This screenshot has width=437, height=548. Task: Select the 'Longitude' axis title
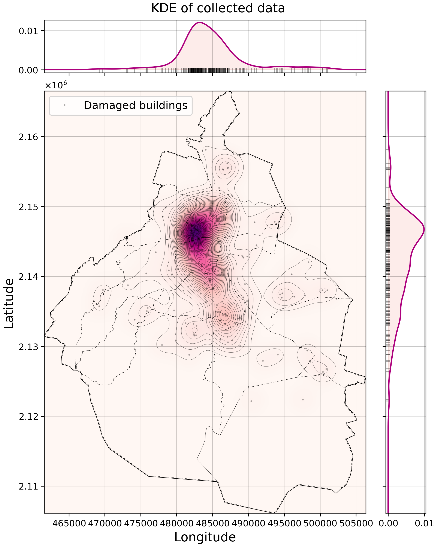(x=205, y=537)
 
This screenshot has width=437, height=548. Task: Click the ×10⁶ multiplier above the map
(x=56, y=85)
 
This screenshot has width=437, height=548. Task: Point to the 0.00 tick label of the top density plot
(x=28, y=70)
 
